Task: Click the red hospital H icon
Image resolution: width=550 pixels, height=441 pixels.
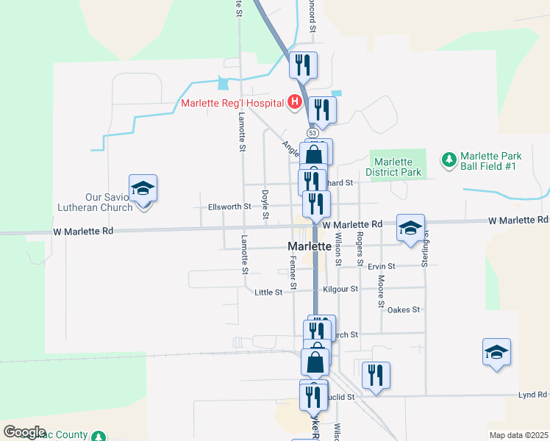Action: tap(294, 102)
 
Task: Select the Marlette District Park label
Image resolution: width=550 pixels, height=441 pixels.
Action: tap(397, 167)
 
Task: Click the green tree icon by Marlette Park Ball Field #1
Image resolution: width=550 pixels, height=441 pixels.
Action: tap(448, 159)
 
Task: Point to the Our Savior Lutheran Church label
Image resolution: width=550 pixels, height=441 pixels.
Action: tap(109, 202)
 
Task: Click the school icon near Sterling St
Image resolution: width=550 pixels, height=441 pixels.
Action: tap(410, 228)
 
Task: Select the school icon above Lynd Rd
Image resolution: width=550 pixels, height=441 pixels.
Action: tap(496, 353)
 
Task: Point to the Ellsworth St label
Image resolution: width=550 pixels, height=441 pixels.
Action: tap(229, 207)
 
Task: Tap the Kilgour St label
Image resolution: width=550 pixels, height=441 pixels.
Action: tap(340, 290)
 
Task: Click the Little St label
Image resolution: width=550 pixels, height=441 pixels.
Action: tap(268, 293)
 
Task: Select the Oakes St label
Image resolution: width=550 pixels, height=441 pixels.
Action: tap(403, 310)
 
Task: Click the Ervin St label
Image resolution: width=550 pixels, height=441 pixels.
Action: tap(382, 265)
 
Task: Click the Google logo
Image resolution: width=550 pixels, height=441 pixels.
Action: tap(24, 432)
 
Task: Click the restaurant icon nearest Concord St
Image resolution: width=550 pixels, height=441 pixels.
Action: tap(302, 66)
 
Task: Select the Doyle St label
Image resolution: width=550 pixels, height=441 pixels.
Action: tap(265, 204)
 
